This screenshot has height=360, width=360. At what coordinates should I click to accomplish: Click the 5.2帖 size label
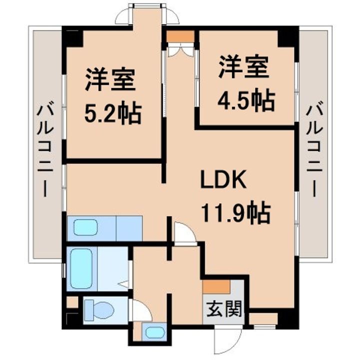[112, 113]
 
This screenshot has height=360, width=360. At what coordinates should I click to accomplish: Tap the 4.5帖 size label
[245, 101]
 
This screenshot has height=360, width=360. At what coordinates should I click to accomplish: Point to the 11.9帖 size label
[235, 213]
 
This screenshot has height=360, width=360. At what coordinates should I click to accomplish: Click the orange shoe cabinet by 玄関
[216, 286]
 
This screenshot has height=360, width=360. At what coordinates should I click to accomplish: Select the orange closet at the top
[179, 36]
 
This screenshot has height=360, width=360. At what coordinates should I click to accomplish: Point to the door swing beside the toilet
[140, 310]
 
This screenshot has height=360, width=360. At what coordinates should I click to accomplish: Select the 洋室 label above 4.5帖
[243, 67]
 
